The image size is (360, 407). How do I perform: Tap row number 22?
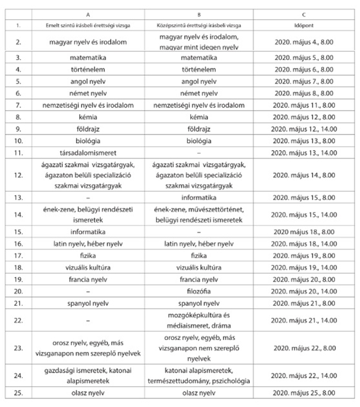tap(18, 320)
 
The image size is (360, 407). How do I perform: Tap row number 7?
tap(18, 105)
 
